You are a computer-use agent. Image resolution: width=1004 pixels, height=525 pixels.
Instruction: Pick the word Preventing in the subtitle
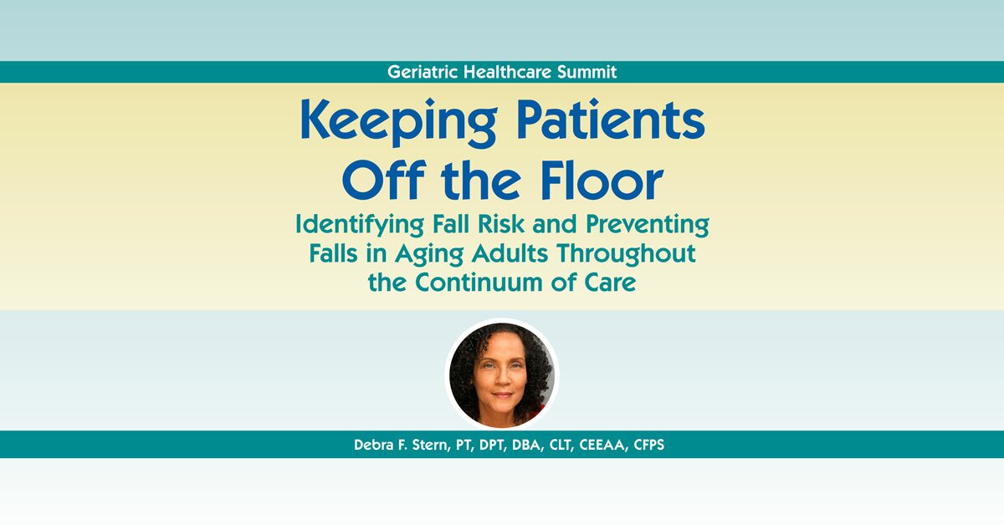tap(636, 226)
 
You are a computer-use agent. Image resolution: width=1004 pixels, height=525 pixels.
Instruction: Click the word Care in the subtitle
tap(607, 283)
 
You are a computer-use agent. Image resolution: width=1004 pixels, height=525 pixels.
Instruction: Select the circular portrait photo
tap(501, 373)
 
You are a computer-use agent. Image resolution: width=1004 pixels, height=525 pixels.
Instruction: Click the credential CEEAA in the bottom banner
tap(607, 444)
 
